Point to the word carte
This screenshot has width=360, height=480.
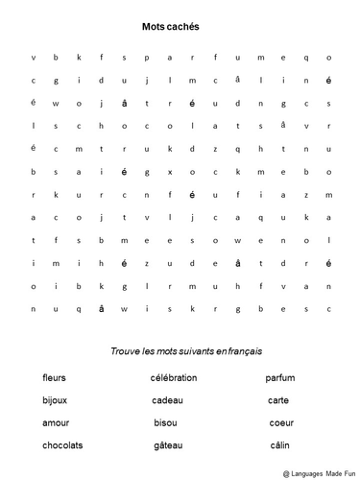[x=278, y=400]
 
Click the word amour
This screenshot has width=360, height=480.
[x=56, y=422]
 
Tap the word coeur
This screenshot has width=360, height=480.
[x=280, y=422]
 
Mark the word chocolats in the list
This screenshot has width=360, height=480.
[x=62, y=444]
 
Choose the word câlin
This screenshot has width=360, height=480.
[x=279, y=444]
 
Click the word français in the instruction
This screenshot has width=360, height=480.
[x=242, y=352]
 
